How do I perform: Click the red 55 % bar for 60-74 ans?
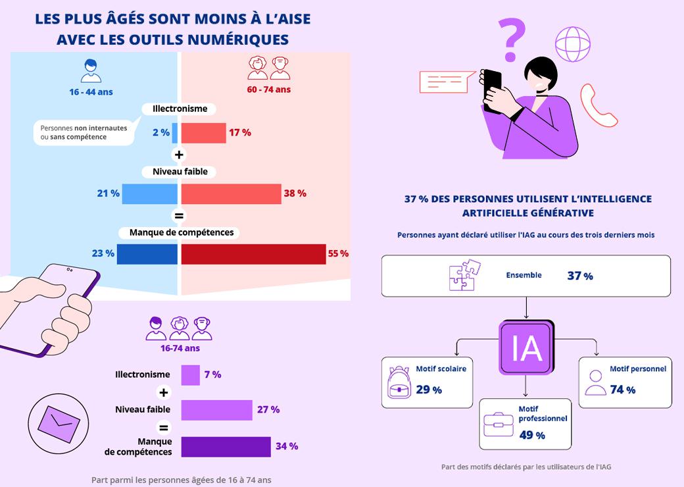point(253,254)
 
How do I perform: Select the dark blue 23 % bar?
point(147,254)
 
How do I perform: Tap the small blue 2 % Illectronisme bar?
point(175,132)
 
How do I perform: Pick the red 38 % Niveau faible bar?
point(231,193)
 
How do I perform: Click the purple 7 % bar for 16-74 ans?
point(190,375)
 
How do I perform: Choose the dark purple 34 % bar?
point(226,446)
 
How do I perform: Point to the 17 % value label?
point(240,132)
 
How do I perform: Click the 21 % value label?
point(108,193)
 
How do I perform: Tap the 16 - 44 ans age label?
point(91,92)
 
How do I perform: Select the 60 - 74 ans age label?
point(268,90)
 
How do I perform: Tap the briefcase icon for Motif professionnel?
point(499,424)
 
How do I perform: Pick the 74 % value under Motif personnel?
point(622,390)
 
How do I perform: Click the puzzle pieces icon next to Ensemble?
point(464,275)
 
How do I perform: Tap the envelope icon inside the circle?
point(56,424)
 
